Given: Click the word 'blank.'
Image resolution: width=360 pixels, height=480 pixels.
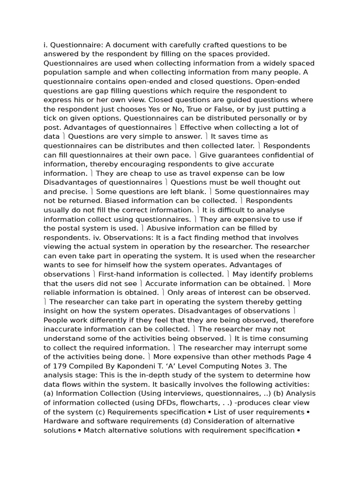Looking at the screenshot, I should click(x=193, y=192).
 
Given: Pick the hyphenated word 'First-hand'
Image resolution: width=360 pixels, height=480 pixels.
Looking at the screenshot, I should click(x=117, y=274).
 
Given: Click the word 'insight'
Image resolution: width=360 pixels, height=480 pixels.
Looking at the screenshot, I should click(x=56, y=311).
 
